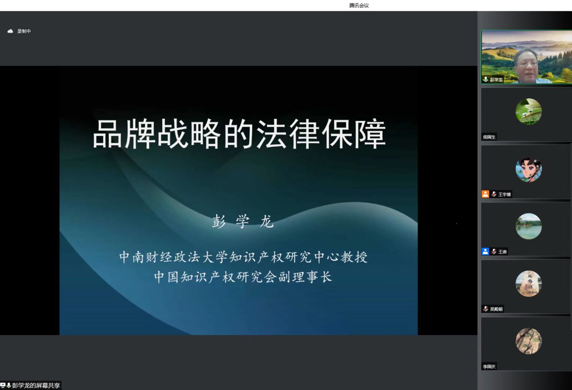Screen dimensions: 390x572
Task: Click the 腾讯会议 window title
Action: pyautogui.click(x=359, y=6)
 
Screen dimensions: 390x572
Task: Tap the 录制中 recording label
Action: pyautogui.click(x=24, y=31)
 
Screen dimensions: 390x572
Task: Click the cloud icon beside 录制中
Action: pyautogui.click(x=10, y=31)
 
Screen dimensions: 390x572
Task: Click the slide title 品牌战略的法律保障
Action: pyautogui.click(x=239, y=134)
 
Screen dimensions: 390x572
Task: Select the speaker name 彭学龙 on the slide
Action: pyautogui.click(x=243, y=221)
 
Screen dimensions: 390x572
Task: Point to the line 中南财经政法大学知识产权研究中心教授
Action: pyautogui.click(x=243, y=257)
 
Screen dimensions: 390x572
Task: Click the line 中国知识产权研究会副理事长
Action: pyautogui.click(x=243, y=277)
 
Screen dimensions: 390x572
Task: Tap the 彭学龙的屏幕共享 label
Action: pyautogui.click(x=36, y=385)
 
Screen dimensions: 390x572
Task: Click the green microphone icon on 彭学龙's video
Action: pyautogui.click(x=486, y=79)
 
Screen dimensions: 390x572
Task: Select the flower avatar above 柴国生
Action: pyautogui.click(x=528, y=111)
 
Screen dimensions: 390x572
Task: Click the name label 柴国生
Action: pyautogui.click(x=489, y=137)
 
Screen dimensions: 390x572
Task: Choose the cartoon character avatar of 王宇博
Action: pyautogui.click(x=528, y=169)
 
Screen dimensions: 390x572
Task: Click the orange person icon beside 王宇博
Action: pyautogui.click(x=485, y=194)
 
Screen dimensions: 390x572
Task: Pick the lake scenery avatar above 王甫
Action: pyautogui.click(x=528, y=226)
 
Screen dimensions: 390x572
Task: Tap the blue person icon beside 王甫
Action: pyautogui.click(x=485, y=251)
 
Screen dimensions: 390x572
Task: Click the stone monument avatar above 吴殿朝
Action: pyautogui.click(x=528, y=284)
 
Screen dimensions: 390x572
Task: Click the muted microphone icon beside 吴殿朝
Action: pyautogui.click(x=486, y=309)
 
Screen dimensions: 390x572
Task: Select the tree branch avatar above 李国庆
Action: pyautogui.click(x=528, y=341)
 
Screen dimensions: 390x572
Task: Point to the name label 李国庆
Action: pyautogui.click(x=489, y=366)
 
